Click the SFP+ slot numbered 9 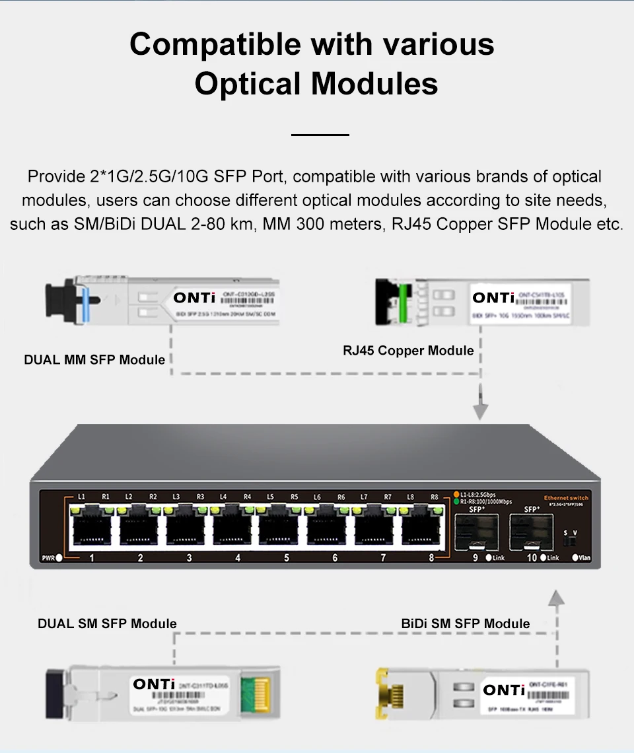476,532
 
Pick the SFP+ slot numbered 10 531,532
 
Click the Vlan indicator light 575,557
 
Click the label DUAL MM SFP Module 94,360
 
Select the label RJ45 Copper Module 408,350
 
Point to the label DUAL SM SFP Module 107,624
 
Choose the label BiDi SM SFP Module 465,624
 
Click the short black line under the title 320,135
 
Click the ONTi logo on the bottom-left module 154,684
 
